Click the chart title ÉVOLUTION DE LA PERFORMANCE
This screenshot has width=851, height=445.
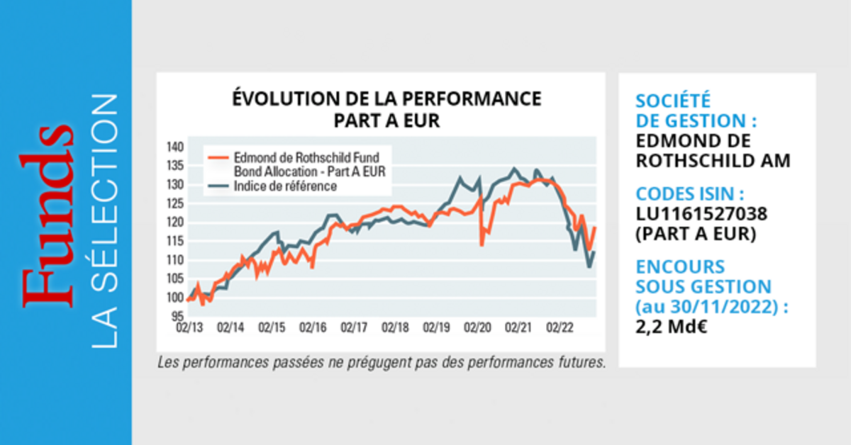pyautogui.click(x=386, y=99)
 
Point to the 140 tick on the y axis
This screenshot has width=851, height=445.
pyautogui.click(x=175, y=147)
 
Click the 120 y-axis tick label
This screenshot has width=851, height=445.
pyautogui.click(x=175, y=222)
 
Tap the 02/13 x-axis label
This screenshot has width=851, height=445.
pyautogui.click(x=190, y=328)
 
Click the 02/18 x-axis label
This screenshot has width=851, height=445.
pyautogui.click(x=395, y=328)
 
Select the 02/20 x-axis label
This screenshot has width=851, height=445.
pyautogui.click(x=477, y=328)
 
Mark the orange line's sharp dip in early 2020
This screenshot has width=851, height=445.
pyautogui.click(x=482, y=244)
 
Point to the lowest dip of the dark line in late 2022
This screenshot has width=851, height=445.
pyautogui.click(x=589, y=266)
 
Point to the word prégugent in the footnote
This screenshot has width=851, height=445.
pyautogui.click(x=375, y=364)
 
